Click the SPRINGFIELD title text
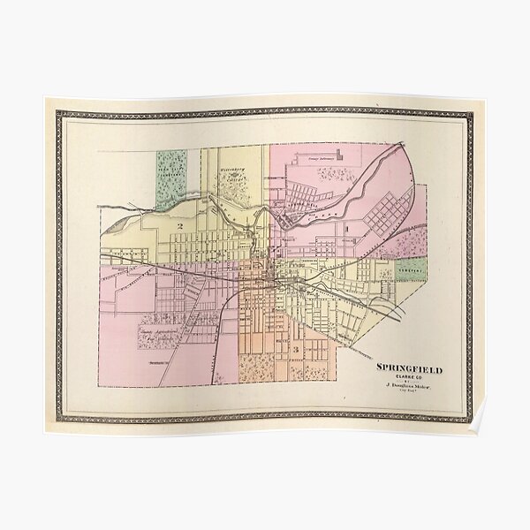pyautogui.click(x=409, y=368)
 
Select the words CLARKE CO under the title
pyautogui.click(x=409, y=377)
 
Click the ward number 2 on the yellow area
pyautogui.click(x=179, y=227)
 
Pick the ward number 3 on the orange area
pyautogui.click(x=295, y=350)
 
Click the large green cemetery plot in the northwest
pyautogui.click(x=171, y=179)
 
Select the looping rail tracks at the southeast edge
pyautogui.click(x=389, y=308)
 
